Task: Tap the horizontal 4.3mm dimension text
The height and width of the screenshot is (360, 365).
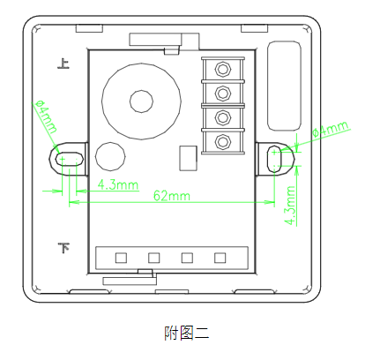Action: (118, 184)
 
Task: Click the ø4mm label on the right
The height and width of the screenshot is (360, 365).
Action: (331, 131)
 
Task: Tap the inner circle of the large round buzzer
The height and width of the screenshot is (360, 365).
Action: (140, 100)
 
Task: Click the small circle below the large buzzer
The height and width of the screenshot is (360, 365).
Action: (110, 156)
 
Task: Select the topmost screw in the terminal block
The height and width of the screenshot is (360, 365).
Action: (223, 70)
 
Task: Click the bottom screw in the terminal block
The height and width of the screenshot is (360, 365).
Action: (223, 139)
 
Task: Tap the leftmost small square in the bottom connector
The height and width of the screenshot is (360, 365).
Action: (121, 258)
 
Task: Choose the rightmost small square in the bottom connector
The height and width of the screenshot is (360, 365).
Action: (220, 258)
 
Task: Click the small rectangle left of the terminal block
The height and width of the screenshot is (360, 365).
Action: (186, 157)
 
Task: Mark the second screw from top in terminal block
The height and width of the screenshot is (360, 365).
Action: (223, 93)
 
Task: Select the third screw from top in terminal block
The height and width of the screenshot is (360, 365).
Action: (223, 116)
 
